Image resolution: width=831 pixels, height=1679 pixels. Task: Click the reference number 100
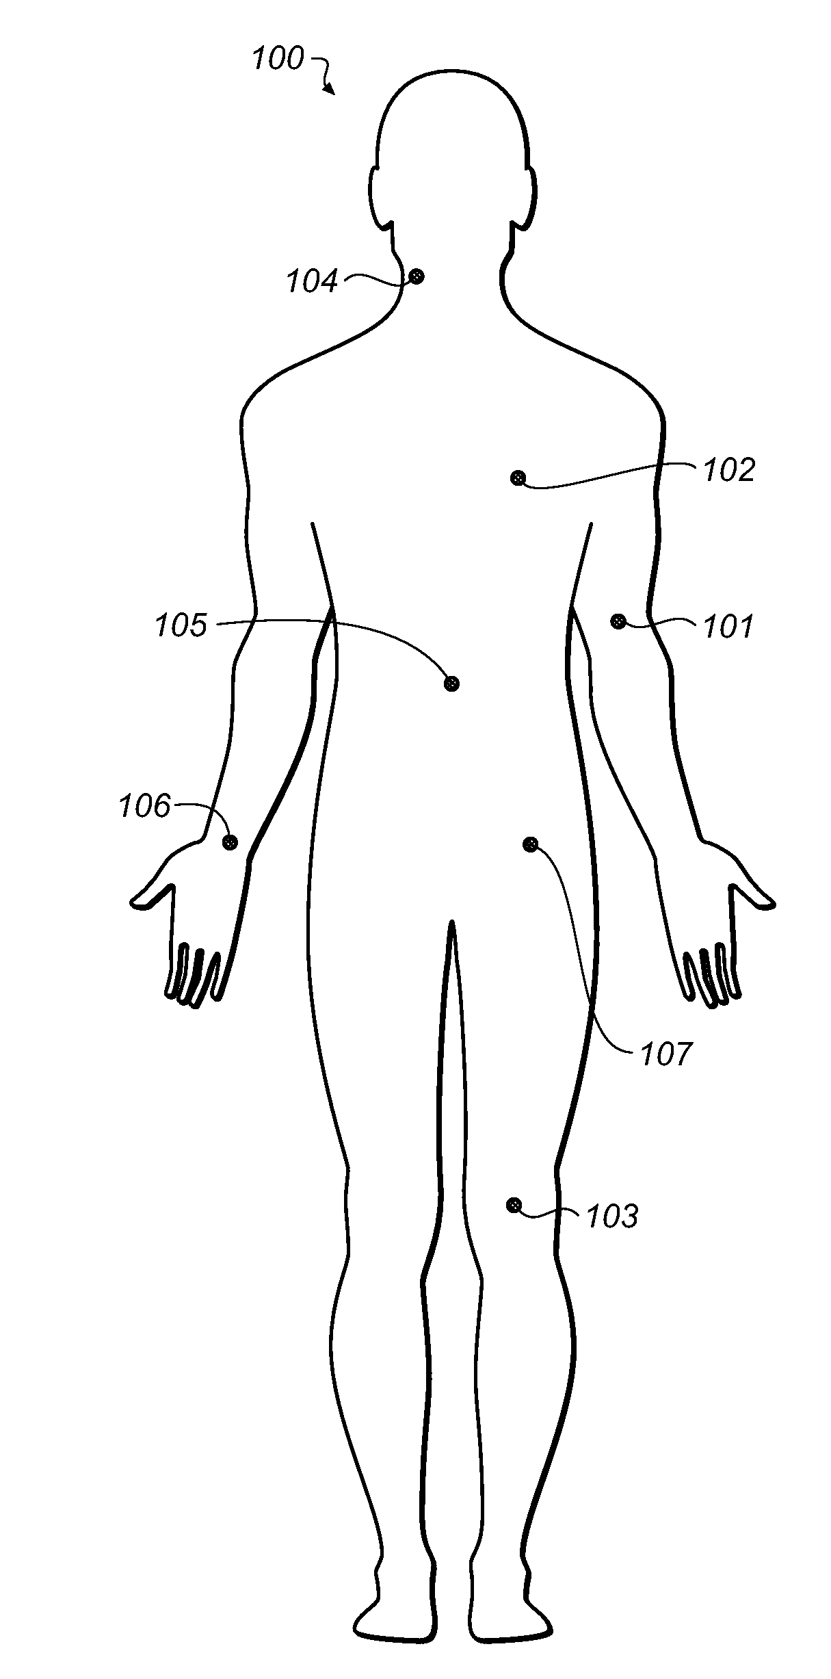[278, 59]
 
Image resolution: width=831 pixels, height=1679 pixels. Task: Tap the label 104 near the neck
[312, 281]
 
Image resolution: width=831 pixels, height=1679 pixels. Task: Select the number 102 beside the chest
[729, 471]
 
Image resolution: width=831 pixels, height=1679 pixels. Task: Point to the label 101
[728, 626]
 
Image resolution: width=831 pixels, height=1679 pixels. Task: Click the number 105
[181, 625]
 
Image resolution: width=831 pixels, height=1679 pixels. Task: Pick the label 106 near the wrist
[144, 806]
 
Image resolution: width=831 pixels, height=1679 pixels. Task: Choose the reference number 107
[666, 1054]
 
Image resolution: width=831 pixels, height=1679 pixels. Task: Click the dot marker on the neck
[416, 276]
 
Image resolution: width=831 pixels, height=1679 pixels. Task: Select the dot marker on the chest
[518, 478]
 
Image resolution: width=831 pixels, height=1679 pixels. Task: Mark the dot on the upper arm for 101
[618, 621]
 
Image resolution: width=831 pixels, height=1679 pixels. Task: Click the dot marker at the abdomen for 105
[451, 683]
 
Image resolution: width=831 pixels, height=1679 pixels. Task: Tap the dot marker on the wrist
[230, 842]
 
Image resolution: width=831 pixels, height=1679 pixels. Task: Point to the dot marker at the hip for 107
[530, 844]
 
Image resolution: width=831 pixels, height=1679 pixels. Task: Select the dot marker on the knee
[514, 1205]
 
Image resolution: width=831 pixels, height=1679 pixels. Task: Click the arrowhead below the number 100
[331, 90]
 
